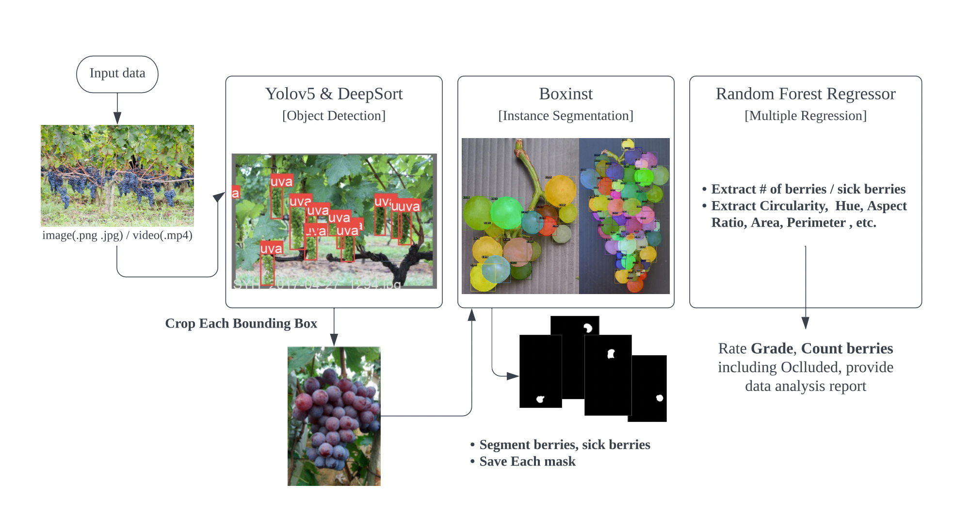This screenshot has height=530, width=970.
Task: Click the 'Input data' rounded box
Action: click(x=117, y=74)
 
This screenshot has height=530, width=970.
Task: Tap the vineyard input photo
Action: click(x=117, y=175)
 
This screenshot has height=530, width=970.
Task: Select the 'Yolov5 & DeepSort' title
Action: click(x=334, y=94)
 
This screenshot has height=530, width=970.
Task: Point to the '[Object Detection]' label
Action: click(x=334, y=116)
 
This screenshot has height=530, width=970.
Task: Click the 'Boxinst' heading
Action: click(x=566, y=94)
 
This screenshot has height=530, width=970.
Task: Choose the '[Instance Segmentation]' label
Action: click(x=566, y=116)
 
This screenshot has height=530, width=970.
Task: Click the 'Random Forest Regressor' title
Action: click(x=805, y=94)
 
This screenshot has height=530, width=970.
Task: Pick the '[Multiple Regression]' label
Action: click(x=805, y=116)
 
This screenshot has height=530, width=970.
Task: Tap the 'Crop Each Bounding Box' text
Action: click(x=241, y=323)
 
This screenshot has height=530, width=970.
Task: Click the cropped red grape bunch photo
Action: click(x=334, y=416)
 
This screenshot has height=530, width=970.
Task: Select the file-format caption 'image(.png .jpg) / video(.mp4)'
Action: click(x=117, y=235)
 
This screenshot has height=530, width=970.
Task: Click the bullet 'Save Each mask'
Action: click(x=527, y=461)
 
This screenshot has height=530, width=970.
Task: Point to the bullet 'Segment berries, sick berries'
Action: click(x=565, y=445)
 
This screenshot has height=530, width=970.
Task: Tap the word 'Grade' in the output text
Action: click(x=772, y=349)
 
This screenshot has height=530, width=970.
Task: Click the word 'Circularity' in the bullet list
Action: click(x=769, y=206)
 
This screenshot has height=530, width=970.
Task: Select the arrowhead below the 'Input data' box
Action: click(x=117, y=118)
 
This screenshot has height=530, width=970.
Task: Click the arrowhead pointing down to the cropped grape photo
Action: click(x=334, y=340)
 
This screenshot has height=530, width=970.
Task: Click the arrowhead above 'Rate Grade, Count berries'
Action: click(x=805, y=323)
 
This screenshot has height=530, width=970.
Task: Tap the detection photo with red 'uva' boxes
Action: click(x=334, y=221)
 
